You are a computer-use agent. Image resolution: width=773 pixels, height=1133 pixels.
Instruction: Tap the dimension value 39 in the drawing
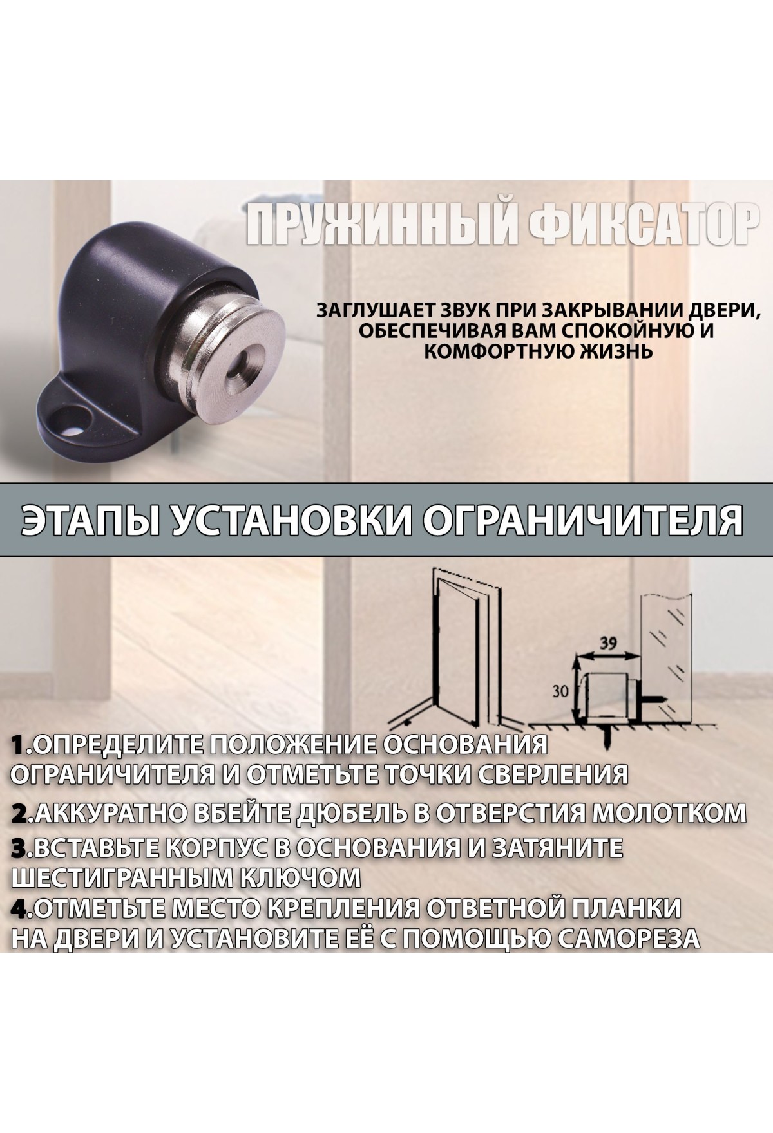[604, 643]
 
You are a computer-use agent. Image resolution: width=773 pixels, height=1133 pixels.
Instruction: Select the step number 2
[20, 814]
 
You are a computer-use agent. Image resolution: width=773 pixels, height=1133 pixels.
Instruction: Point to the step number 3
[20, 848]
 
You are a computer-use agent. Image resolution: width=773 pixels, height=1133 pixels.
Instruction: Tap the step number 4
[20, 909]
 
